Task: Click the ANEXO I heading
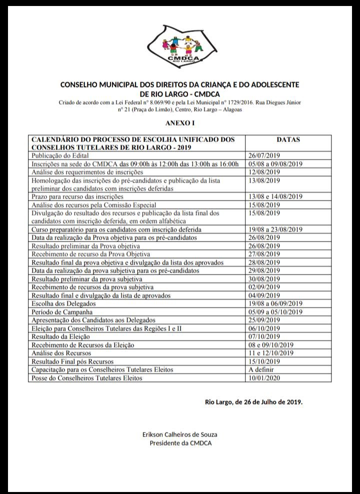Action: (x=179, y=122)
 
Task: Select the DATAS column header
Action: (x=288, y=139)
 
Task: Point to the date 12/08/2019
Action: (x=264, y=172)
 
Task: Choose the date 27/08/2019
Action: (x=264, y=254)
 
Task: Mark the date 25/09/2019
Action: (x=264, y=319)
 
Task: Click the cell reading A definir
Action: (x=260, y=369)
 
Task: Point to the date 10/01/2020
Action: (x=264, y=377)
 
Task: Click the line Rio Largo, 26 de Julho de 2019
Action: (x=253, y=401)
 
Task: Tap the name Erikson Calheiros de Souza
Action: (x=180, y=434)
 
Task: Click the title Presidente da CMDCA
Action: (x=180, y=443)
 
